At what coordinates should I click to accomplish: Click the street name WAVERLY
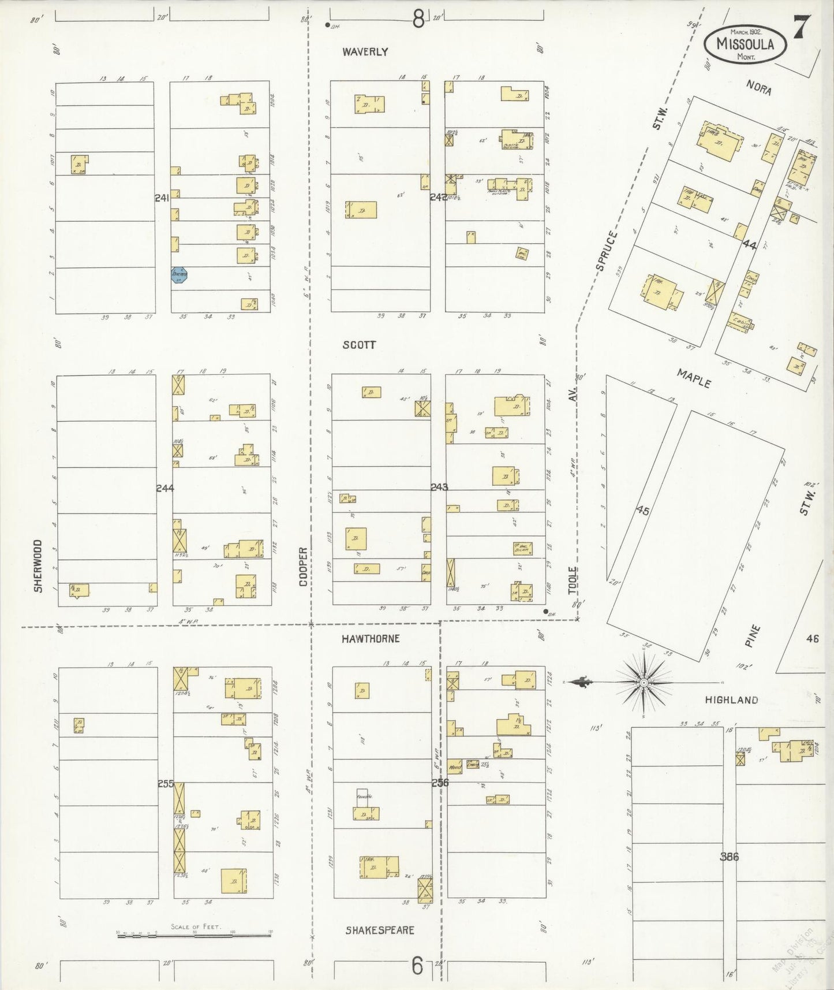point(365,52)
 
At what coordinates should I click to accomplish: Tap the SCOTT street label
point(359,345)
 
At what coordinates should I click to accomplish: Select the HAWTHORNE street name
point(370,639)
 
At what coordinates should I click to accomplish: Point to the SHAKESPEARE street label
point(380,931)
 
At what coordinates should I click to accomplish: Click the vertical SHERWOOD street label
point(38,565)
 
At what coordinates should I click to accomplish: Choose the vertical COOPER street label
point(304,567)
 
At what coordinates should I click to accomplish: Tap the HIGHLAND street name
point(731,700)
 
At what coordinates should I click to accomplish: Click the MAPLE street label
point(694,379)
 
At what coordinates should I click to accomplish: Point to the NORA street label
point(759,88)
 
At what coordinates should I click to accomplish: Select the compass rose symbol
point(642,682)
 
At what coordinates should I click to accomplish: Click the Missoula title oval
point(745,43)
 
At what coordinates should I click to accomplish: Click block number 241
point(162,198)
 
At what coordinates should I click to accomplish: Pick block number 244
point(165,488)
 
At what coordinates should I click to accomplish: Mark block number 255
point(166,784)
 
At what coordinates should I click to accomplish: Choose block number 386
point(729,857)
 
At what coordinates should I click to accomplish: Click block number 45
point(642,511)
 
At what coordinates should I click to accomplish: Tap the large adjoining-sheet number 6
point(417,965)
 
